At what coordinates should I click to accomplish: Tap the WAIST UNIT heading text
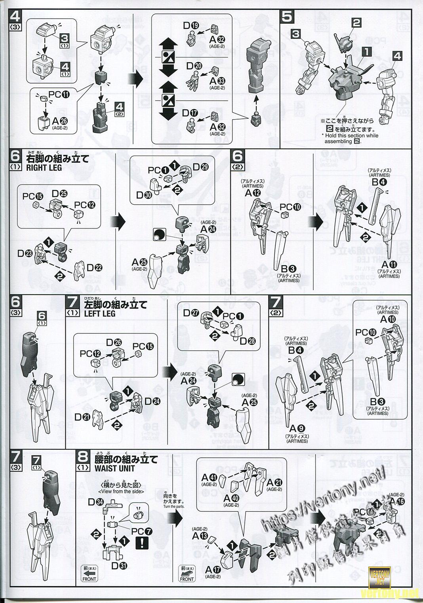[114, 468]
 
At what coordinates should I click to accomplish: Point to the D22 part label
[95, 268]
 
